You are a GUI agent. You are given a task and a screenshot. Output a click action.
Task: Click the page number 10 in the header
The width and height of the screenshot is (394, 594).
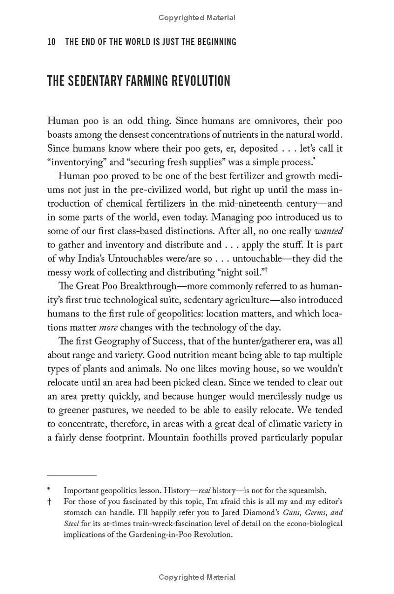pyautogui.click(x=51, y=42)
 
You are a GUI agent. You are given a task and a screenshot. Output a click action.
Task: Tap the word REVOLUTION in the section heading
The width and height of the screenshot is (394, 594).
pyautogui.click(x=199, y=81)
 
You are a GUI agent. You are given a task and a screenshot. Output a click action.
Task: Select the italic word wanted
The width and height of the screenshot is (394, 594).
pyautogui.click(x=328, y=231)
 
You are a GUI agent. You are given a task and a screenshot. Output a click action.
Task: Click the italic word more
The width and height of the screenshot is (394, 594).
pyautogui.click(x=108, y=327)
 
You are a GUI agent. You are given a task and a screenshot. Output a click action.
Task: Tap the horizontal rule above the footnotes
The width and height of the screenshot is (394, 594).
pyautogui.click(x=72, y=475)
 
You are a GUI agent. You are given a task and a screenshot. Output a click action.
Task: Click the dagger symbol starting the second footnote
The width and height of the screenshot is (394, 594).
pyautogui.click(x=49, y=501)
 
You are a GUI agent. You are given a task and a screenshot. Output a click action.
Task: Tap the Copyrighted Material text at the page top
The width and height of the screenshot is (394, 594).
pyautogui.click(x=197, y=18)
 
